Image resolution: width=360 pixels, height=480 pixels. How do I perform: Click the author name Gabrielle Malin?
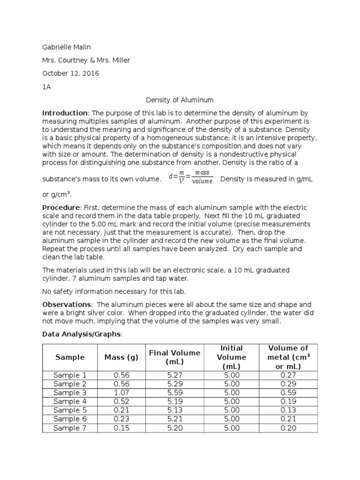[x=67, y=47]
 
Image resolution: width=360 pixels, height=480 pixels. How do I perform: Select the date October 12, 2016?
[x=71, y=73]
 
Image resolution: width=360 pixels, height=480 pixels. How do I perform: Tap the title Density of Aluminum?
[x=180, y=100]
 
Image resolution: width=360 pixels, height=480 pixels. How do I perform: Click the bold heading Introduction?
[x=65, y=113]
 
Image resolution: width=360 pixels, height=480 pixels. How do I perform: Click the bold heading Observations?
[x=67, y=304]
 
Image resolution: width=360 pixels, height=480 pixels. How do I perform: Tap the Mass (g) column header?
[x=121, y=357]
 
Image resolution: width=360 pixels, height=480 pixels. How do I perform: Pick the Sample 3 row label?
[x=70, y=393]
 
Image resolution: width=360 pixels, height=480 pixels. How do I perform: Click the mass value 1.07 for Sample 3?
[x=121, y=393]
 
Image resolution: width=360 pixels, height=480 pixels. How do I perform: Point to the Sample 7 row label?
[x=70, y=428]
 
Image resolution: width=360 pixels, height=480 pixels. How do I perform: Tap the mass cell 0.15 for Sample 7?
[x=121, y=428]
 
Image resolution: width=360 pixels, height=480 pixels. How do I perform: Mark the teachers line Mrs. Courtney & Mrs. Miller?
[x=86, y=60]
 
